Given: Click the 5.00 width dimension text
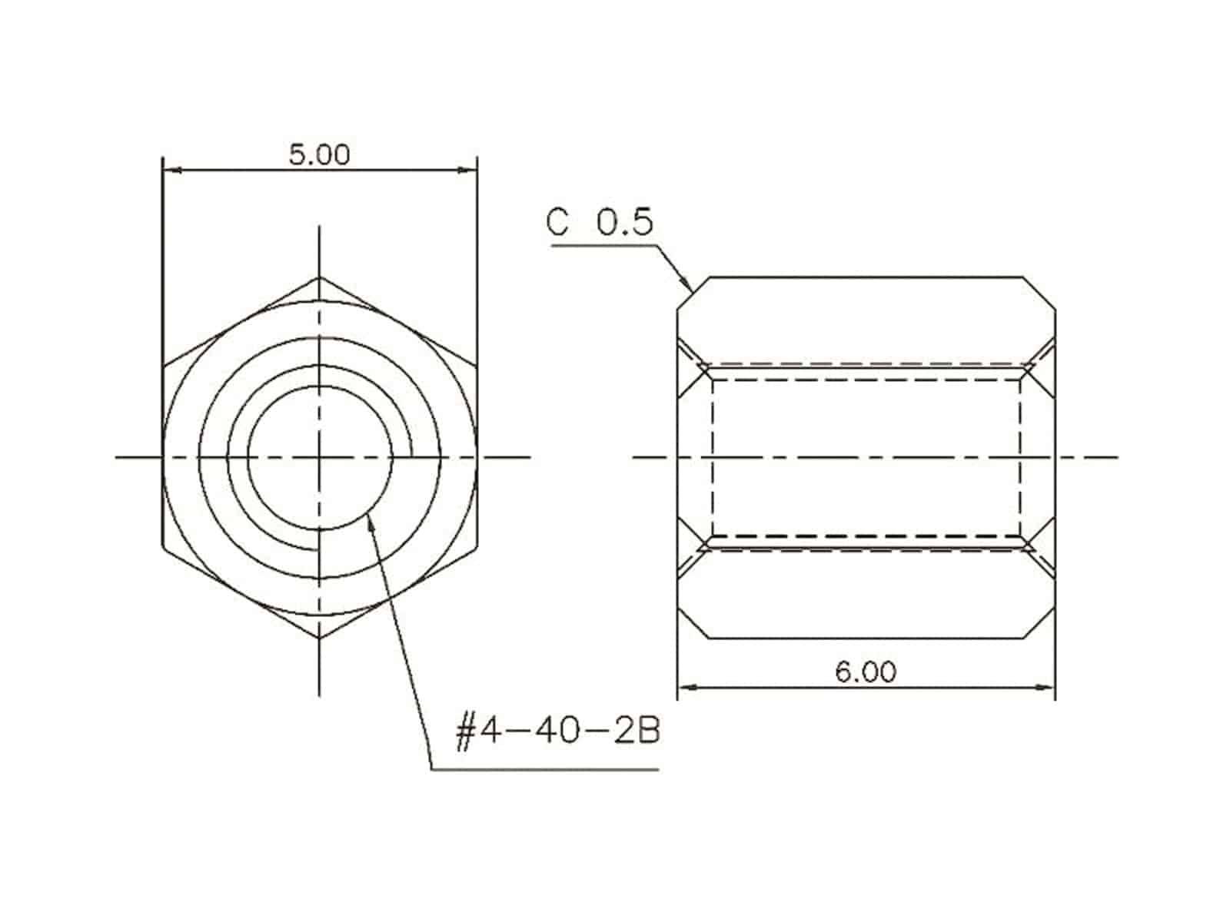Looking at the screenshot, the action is point(319,154).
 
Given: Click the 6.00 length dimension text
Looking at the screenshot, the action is point(866,672).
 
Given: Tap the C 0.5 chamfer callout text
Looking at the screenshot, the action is point(600,221).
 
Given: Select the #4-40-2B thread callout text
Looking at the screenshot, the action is point(558,731).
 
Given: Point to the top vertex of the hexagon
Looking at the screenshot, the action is point(319,277).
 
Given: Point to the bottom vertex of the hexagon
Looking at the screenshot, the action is point(319,638).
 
